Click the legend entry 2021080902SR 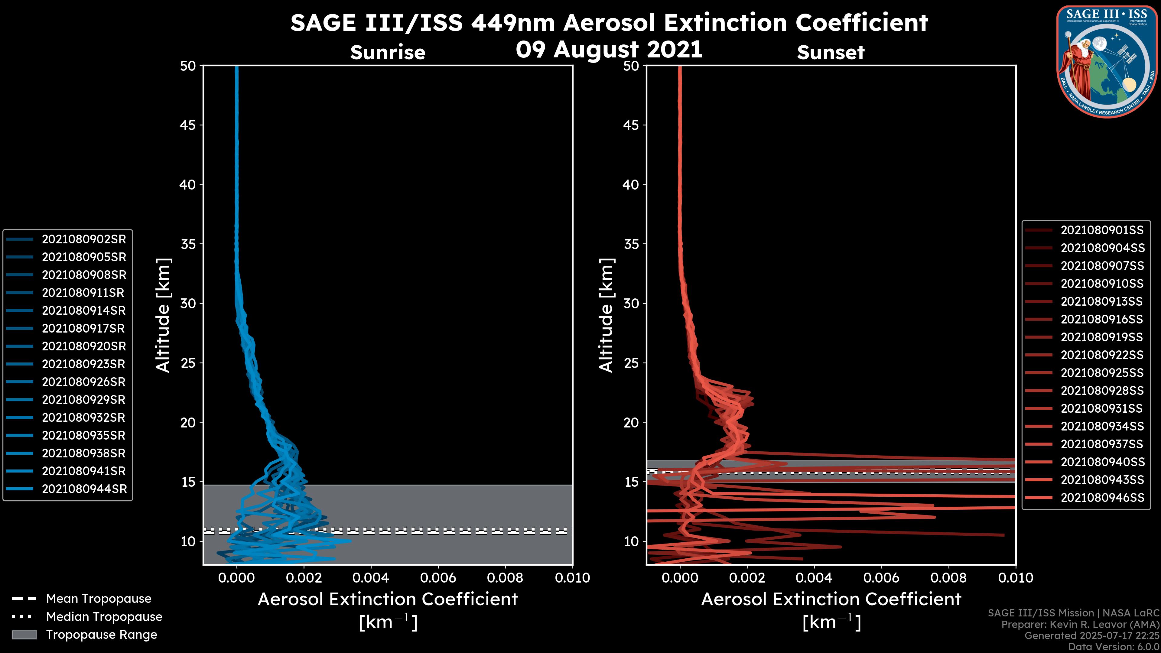84,239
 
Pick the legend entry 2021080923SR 84,364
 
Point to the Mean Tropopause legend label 99,599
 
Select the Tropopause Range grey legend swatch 24,635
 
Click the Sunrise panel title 388,52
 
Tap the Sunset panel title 831,53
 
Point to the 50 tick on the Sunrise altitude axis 188,66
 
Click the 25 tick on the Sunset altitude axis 631,363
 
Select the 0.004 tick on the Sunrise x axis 370,578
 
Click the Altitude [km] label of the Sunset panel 606,315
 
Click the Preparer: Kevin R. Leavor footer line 1080,625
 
